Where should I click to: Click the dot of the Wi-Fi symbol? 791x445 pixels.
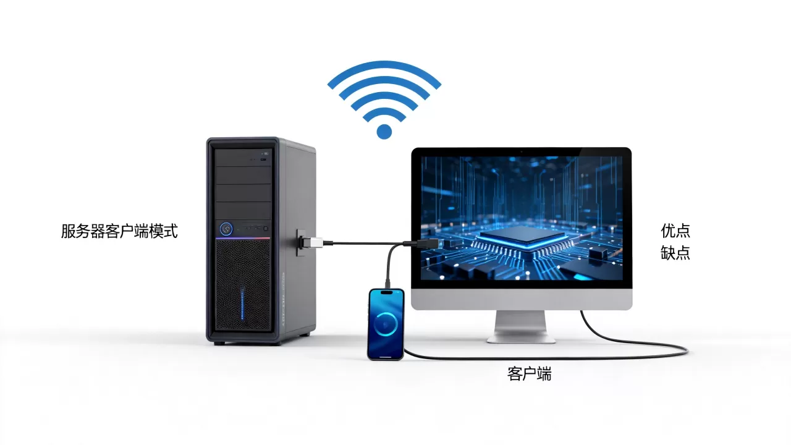pyautogui.click(x=384, y=132)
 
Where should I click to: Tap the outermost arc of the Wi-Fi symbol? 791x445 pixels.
pyautogui.click(x=384, y=66)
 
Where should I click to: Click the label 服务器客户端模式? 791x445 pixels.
pyautogui.click(x=119, y=231)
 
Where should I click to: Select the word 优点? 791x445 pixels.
pyautogui.click(x=675, y=231)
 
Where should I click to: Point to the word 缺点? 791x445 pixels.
pyautogui.click(x=675, y=253)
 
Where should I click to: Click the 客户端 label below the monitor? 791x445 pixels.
pyautogui.click(x=530, y=374)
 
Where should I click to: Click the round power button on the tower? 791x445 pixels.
pyautogui.click(x=226, y=229)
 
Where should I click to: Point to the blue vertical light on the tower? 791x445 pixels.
pyautogui.click(x=242, y=303)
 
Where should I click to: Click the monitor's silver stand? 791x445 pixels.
pyautogui.click(x=521, y=327)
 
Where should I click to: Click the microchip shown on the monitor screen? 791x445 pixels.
pyautogui.click(x=523, y=235)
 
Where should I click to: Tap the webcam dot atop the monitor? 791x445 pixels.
pyautogui.click(x=521, y=152)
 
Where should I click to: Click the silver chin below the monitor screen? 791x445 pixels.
pyautogui.click(x=522, y=299)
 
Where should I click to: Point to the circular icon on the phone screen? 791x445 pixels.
pyautogui.click(x=386, y=323)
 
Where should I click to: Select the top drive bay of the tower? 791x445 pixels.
pyautogui.click(x=243, y=158)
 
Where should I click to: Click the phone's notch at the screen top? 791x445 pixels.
pyautogui.click(x=386, y=292)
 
